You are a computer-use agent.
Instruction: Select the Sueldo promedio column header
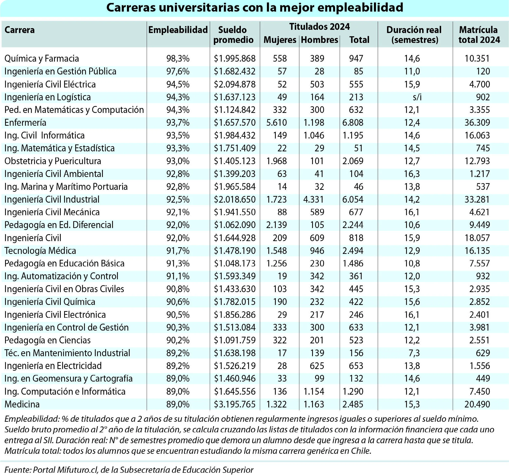click(233, 35)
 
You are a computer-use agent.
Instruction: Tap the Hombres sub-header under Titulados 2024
click(319, 40)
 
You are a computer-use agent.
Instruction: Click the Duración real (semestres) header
click(414, 35)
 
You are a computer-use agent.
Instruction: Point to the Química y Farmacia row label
click(42, 59)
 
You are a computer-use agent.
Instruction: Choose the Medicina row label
click(22, 404)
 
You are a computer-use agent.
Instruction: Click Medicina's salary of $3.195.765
click(234, 404)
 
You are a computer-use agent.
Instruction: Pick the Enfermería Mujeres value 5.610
click(276, 123)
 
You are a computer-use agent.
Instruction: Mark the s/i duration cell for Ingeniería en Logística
click(417, 97)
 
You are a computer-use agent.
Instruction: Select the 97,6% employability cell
click(178, 71)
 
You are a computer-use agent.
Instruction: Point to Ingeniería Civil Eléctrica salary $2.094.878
click(234, 84)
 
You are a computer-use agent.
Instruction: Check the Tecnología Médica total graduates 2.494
click(353, 251)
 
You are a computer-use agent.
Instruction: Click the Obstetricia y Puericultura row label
click(53, 161)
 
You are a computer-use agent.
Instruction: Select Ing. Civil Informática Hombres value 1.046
click(314, 135)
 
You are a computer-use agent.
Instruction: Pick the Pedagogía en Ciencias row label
click(47, 340)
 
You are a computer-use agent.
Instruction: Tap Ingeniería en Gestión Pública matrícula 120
click(483, 71)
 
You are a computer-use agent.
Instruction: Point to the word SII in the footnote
click(49, 440)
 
